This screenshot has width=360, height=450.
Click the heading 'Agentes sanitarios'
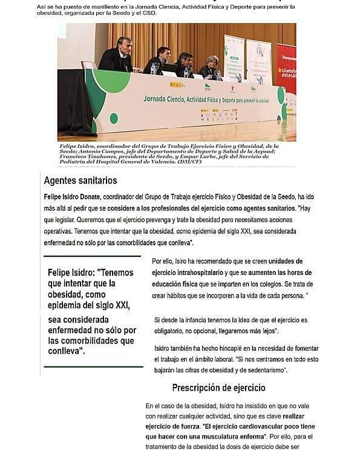[80, 180]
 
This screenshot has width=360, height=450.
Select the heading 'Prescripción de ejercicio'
[218, 388]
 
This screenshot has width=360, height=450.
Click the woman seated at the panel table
[210, 66]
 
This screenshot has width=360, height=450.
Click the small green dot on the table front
[114, 117]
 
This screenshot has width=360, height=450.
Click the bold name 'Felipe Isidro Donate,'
[73, 197]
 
